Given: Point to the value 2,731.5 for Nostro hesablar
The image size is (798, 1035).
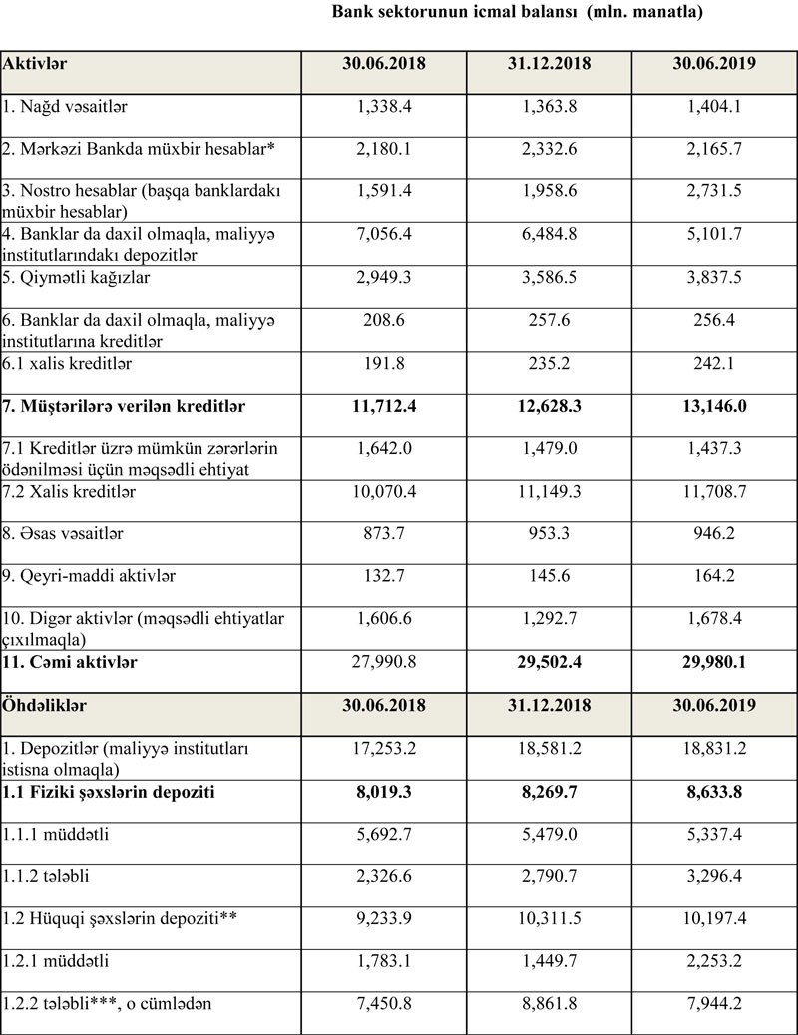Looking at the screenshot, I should click(x=712, y=191).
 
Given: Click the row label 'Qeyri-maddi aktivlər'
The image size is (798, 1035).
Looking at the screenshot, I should click(x=86, y=576).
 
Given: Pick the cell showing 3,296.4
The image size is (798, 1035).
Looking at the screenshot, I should click(x=712, y=876).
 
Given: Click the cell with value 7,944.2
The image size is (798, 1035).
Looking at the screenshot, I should click(x=712, y=1004).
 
